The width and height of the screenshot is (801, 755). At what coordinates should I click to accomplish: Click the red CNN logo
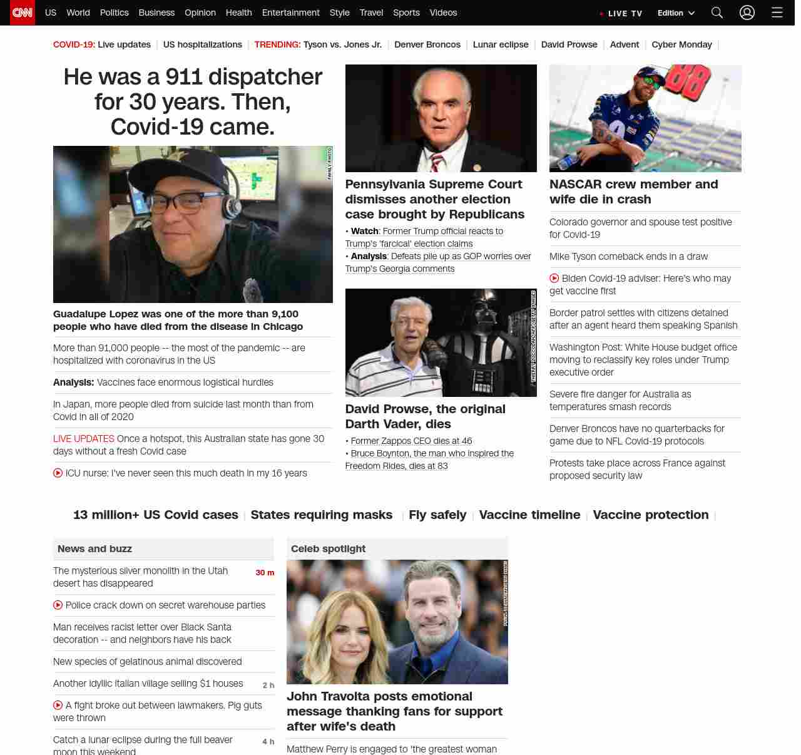(x=23, y=13)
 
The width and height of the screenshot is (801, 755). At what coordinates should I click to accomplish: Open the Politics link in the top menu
(x=114, y=13)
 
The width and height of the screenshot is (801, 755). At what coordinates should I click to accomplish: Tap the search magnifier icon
(x=717, y=13)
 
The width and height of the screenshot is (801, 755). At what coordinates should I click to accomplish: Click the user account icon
(x=747, y=13)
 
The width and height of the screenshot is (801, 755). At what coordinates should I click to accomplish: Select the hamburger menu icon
(x=777, y=13)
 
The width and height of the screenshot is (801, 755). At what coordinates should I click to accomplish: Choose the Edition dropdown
(x=676, y=13)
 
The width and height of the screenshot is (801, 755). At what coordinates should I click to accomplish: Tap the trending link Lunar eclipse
(x=501, y=44)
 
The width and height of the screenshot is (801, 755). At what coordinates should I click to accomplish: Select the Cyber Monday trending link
(x=681, y=44)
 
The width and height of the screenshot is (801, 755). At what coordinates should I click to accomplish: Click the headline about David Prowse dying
(x=425, y=416)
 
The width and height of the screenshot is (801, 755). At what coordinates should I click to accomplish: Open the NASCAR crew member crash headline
(x=633, y=192)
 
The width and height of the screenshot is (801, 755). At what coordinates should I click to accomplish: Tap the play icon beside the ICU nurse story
(x=58, y=473)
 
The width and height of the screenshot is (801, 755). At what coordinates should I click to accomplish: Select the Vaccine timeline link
(x=529, y=515)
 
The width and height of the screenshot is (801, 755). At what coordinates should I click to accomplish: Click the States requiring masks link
(x=322, y=515)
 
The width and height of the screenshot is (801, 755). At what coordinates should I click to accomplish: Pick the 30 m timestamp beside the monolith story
(x=265, y=573)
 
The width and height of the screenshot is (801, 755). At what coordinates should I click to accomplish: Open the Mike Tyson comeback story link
(x=628, y=257)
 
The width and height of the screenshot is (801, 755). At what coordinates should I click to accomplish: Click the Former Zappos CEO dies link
(x=411, y=441)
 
